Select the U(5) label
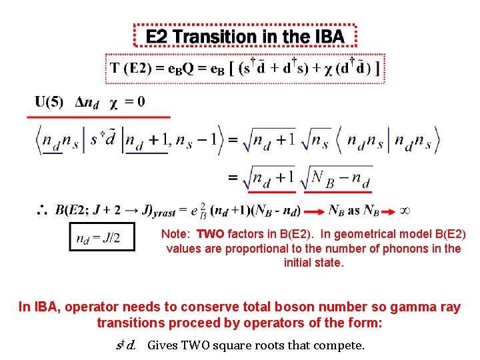tap(49, 103)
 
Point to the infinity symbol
tap(404, 210)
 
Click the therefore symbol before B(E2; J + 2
tap(41, 211)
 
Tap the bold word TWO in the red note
tap(210, 234)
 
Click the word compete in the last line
tap(343, 345)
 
